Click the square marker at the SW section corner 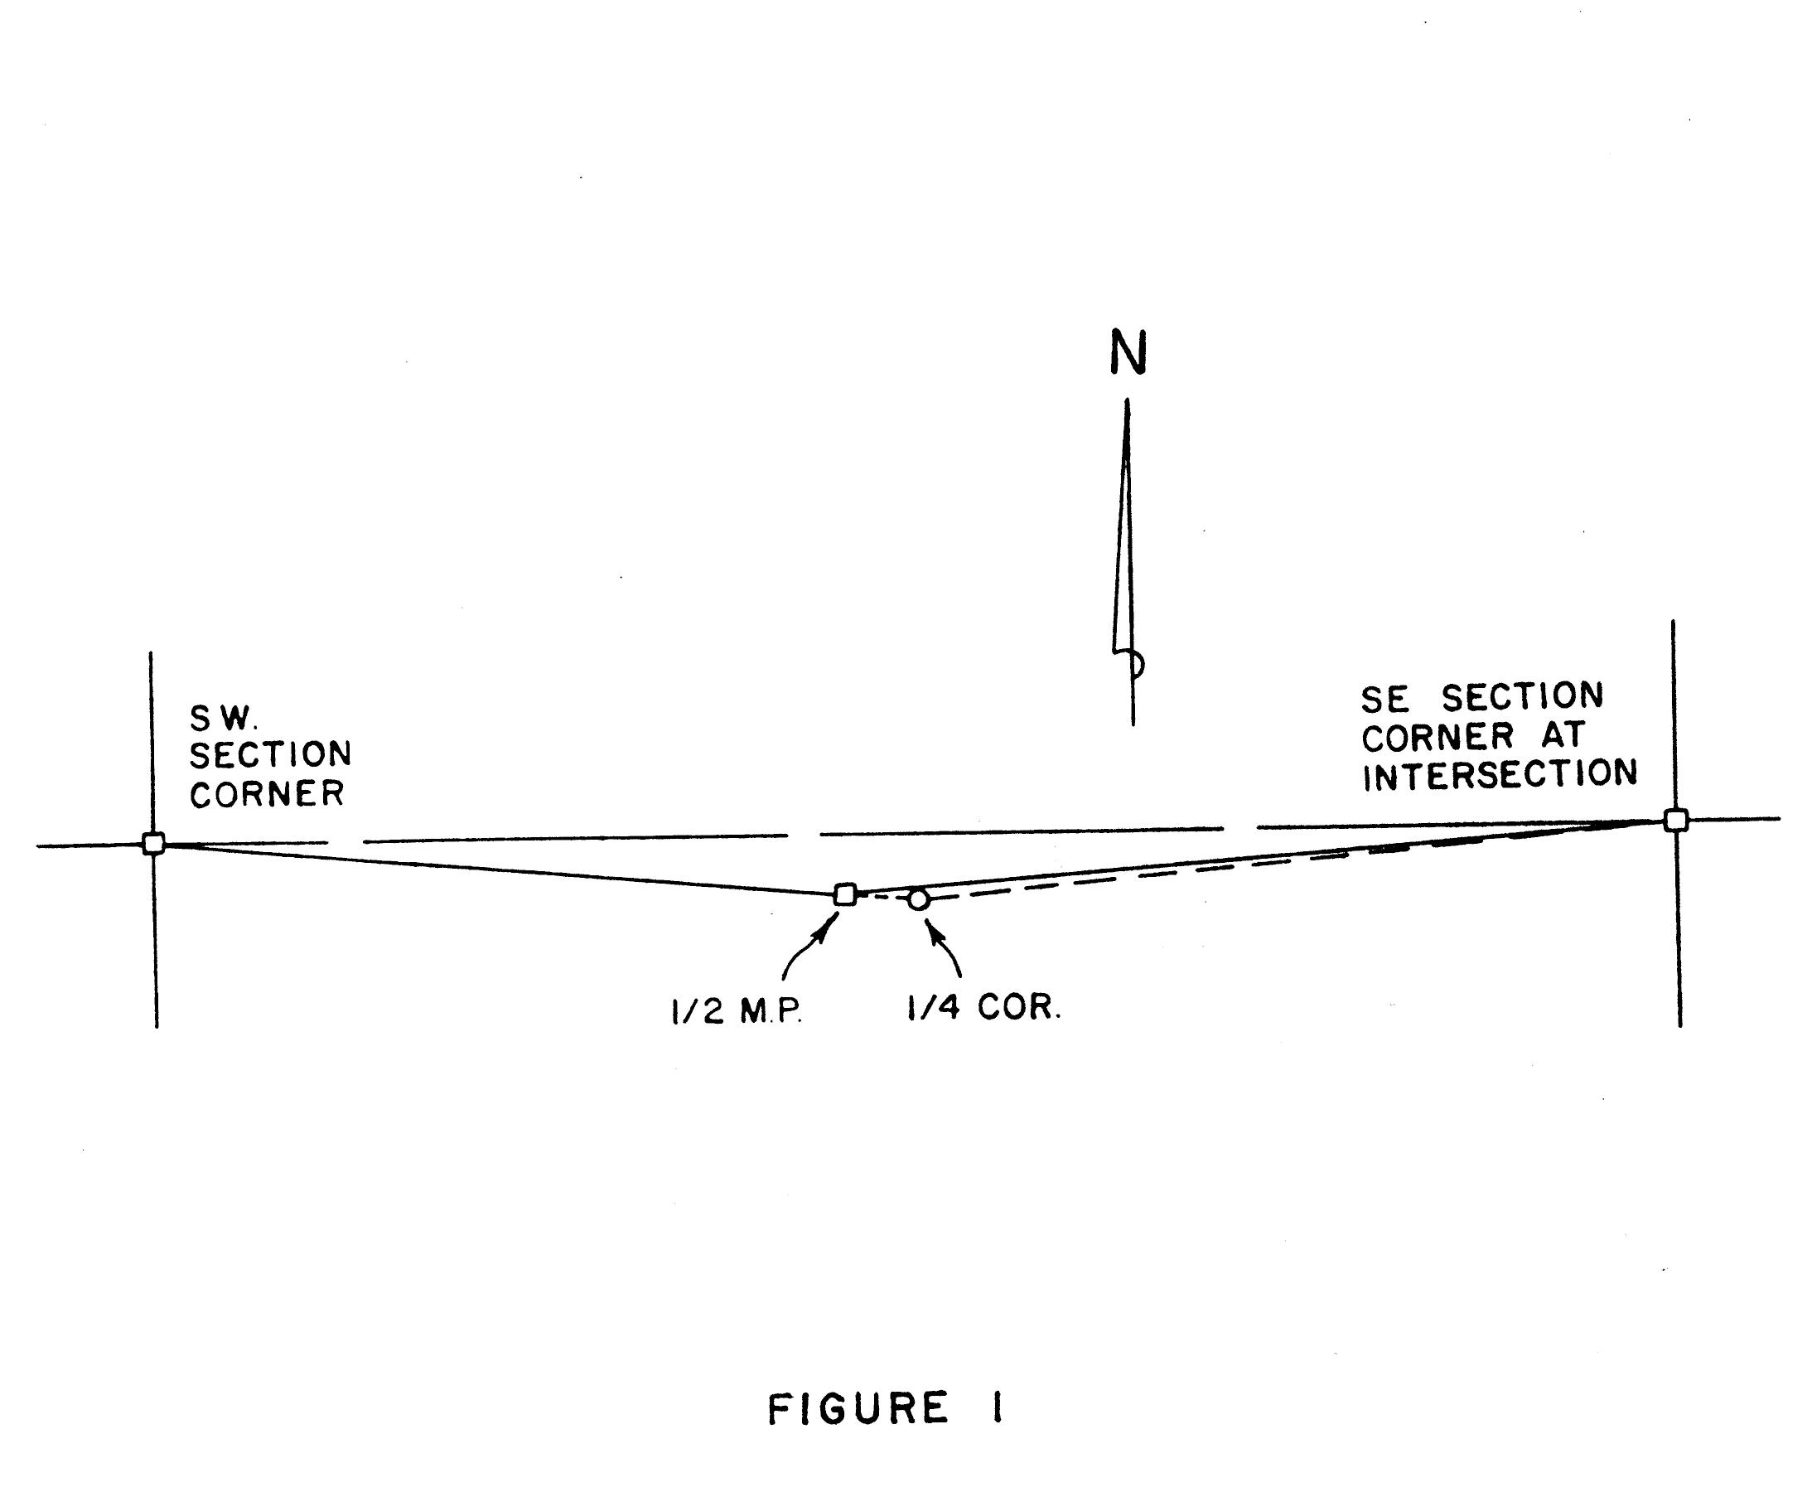pos(154,843)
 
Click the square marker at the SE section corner pos(1675,820)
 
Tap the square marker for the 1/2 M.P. pos(845,894)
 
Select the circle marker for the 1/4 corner pos(919,900)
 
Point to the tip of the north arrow pos(1128,402)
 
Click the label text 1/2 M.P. pos(737,1013)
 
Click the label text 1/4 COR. pos(984,1007)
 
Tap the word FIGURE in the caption pos(858,1409)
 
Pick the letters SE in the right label pos(1385,700)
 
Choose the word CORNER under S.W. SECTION pos(268,795)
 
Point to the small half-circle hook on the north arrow pos(1137,664)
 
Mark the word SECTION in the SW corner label pos(271,755)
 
